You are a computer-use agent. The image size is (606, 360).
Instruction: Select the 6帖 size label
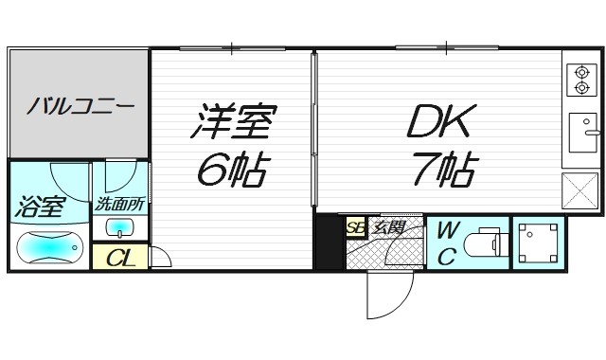click(233, 171)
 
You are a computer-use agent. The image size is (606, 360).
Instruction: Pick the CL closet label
click(118, 258)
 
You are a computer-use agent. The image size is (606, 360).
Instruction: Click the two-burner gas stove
click(581, 81)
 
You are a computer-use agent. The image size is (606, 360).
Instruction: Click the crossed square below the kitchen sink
click(580, 192)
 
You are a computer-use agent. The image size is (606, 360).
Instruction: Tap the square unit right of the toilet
click(538, 243)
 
